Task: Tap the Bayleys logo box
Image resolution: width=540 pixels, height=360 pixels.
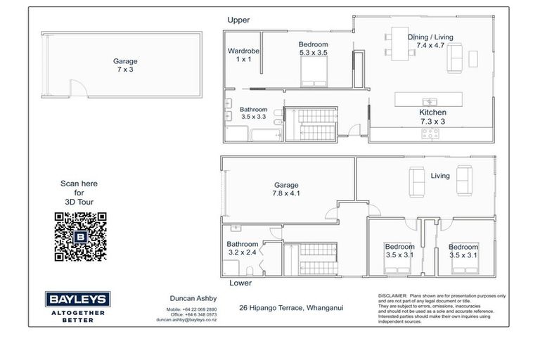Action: click(70, 298)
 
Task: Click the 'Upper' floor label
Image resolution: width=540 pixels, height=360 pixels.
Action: click(238, 20)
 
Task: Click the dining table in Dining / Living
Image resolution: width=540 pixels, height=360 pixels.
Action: click(405, 51)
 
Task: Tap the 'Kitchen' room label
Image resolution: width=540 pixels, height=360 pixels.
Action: click(432, 112)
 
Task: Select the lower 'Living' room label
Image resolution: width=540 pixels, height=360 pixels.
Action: click(440, 176)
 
